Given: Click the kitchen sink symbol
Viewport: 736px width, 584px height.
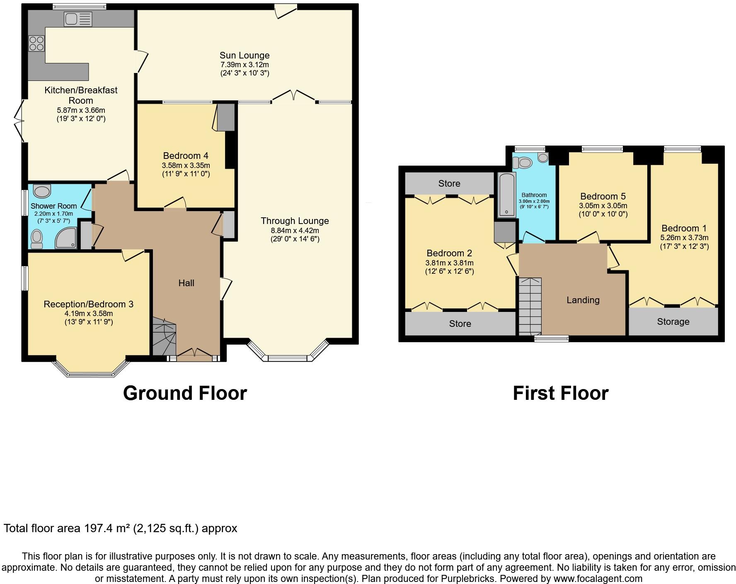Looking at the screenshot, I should (x=78, y=19).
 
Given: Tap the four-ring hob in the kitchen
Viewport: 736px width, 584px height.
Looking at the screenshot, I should (x=36, y=43).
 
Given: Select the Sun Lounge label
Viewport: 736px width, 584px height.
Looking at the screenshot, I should (x=245, y=55).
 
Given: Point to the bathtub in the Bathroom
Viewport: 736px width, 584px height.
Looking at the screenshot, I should (x=506, y=195).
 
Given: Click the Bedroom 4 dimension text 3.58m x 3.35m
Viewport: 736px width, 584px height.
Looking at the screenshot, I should (x=186, y=165).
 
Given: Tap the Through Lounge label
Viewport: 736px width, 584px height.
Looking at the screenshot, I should (x=295, y=221).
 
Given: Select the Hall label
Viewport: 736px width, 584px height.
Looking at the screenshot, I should (x=186, y=283).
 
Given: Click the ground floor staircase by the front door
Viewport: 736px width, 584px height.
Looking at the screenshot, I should (x=165, y=336).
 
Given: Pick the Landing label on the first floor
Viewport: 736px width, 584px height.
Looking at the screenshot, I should (x=583, y=300).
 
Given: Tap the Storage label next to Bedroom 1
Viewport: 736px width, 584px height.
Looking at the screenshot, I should (x=673, y=321).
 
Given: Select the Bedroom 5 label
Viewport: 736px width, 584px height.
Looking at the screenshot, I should (x=603, y=196).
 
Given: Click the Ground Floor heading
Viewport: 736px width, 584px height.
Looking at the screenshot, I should (x=185, y=393).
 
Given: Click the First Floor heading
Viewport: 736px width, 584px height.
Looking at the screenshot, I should (x=560, y=393).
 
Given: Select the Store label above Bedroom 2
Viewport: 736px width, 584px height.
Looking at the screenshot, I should (x=449, y=183).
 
